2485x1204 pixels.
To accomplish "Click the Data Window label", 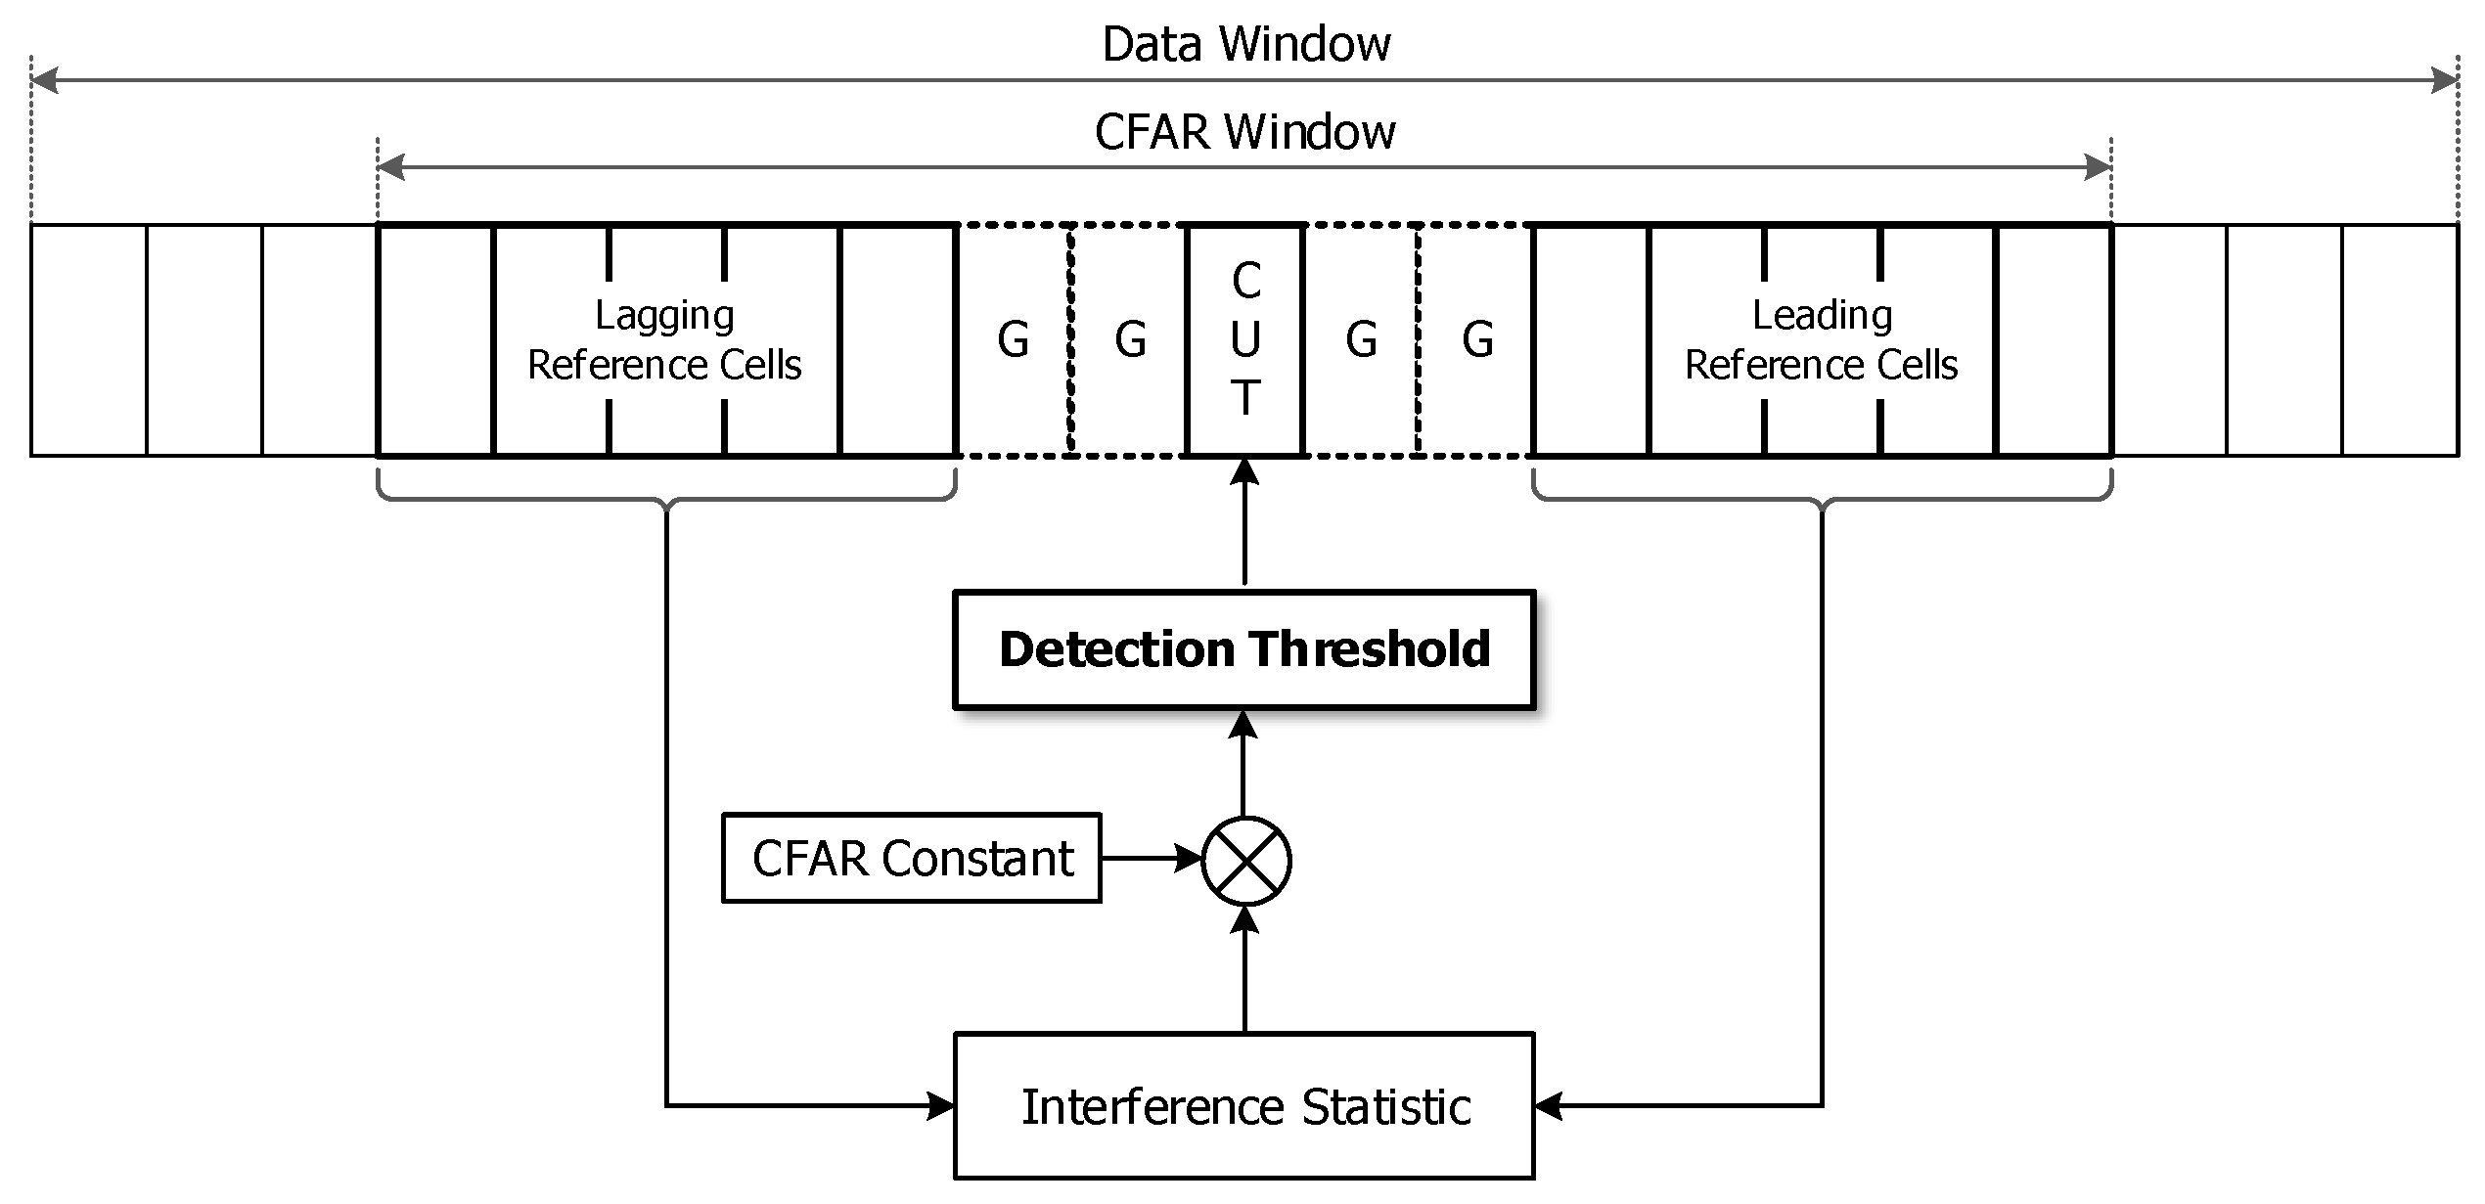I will (1245, 44).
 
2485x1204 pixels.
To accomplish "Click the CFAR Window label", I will (1244, 132).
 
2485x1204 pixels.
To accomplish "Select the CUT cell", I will (1244, 339).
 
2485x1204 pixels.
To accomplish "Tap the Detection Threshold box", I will (1243, 649).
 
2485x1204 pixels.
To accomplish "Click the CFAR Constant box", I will (911, 858).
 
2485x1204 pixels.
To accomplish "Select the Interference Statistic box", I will (1243, 1106).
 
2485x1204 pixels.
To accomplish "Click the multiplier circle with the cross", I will (1245, 861).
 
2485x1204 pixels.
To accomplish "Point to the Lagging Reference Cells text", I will (664, 339).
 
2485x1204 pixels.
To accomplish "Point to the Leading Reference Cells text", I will (1821, 339).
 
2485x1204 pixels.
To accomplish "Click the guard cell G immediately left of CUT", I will (1130, 339).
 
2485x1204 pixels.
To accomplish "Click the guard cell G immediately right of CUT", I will (1361, 339).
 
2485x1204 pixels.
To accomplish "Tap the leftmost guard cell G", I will (1014, 339).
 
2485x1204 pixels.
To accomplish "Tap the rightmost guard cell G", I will (1477, 339).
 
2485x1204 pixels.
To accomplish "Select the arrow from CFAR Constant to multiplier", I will (1150, 859).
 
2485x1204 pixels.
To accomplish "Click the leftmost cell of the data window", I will (89, 339).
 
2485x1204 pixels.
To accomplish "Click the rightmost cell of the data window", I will (2400, 339).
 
